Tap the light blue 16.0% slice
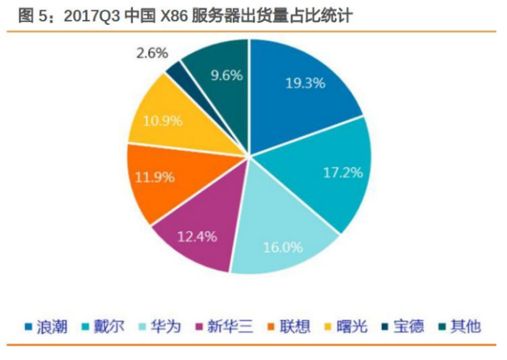(x=282, y=238)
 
